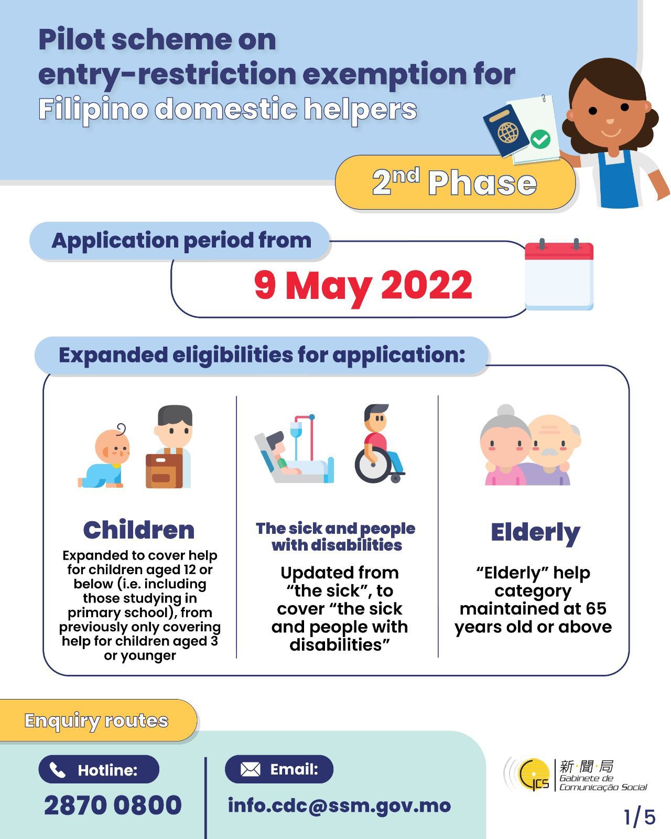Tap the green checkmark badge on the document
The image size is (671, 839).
coord(540,139)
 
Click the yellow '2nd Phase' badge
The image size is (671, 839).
coord(454,182)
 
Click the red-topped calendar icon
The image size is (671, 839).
coord(559,274)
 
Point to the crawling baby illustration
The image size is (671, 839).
coord(104,456)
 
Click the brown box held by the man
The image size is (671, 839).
coord(164,471)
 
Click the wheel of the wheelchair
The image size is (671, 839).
coord(373,465)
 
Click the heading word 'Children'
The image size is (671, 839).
coord(139,530)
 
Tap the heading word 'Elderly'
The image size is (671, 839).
coord(535,533)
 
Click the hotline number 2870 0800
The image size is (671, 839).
coord(113,805)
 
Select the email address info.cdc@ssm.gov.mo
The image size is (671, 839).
coord(339,805)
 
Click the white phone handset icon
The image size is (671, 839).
coord(57,770)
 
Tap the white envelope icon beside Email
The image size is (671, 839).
coord(250,770)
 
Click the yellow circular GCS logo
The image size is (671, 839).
coord(533,775)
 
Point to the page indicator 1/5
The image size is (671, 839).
coord(640,817)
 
